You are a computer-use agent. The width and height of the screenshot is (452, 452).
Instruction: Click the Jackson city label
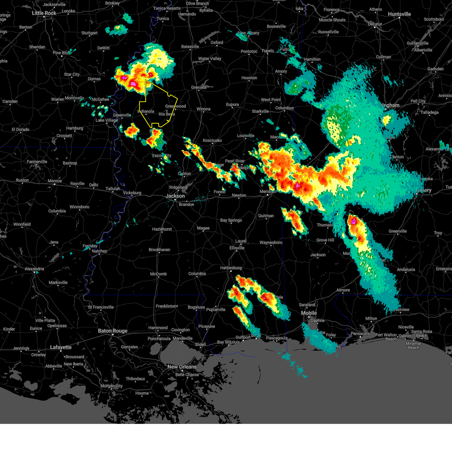pos(175,196)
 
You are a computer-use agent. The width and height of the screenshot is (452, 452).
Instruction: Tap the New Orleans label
pos(182,367)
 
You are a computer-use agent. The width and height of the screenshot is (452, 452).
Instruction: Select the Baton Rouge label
pos(113,331)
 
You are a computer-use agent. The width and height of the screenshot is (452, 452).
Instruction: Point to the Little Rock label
pos(44,13)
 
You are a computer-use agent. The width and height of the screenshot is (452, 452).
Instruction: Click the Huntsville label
pos(399,14)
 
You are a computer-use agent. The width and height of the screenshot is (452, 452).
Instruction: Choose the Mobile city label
pos(309,313)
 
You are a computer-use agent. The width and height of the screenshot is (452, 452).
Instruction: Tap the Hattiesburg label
pos(231,268)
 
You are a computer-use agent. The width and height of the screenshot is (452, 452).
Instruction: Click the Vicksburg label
pos(132,193)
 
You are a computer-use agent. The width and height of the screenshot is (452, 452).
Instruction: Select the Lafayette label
pos(61,347)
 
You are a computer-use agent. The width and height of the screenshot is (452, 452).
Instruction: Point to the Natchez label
pos(99,251)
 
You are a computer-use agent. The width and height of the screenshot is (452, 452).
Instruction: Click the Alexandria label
pos(34,269)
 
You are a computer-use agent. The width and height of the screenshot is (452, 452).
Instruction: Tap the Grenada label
pos(199,87)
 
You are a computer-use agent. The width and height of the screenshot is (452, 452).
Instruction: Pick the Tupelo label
pos(268,51)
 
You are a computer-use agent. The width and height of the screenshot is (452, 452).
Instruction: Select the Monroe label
pos(55,181)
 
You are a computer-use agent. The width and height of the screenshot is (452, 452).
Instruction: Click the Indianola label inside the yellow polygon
pos(146,111)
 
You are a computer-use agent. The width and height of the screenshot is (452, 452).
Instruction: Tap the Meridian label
pos(268,192)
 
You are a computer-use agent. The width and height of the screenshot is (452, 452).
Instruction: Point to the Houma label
pos(142,393)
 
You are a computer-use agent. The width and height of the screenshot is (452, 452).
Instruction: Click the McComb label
pos(158,274)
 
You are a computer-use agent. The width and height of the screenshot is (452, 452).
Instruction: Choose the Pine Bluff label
pos(61,53)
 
